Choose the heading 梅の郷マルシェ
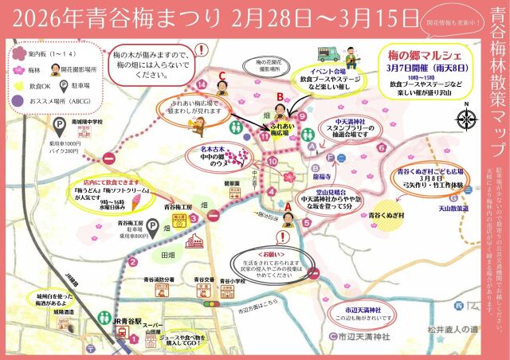(422, 56)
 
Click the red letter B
(279, 96)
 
